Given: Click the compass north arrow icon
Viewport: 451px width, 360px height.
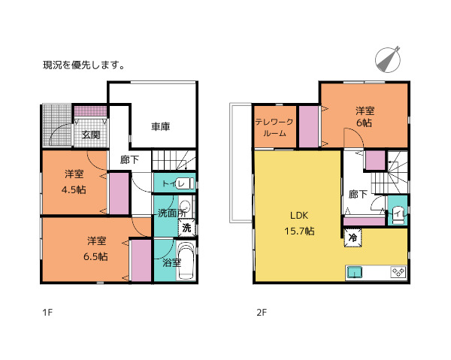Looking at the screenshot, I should tap(388, 59).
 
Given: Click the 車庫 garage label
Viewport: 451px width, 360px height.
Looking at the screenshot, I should tap(159, 126).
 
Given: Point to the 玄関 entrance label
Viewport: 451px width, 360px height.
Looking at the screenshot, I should tap(91, 135).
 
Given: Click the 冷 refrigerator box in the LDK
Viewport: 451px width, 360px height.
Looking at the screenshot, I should tap(353, 237).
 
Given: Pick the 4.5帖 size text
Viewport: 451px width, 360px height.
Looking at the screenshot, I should tap(73, 189).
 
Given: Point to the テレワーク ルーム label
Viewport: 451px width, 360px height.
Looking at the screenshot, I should tap(270, 127).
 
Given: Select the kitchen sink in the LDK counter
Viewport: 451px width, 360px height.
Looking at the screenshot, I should tap(356, 271).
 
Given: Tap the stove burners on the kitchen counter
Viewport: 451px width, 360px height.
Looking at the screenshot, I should tap(397, 271).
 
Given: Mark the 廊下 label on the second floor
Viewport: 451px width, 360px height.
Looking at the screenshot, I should tap(358, 194).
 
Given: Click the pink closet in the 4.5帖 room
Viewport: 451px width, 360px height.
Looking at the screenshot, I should tap(119, 194).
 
